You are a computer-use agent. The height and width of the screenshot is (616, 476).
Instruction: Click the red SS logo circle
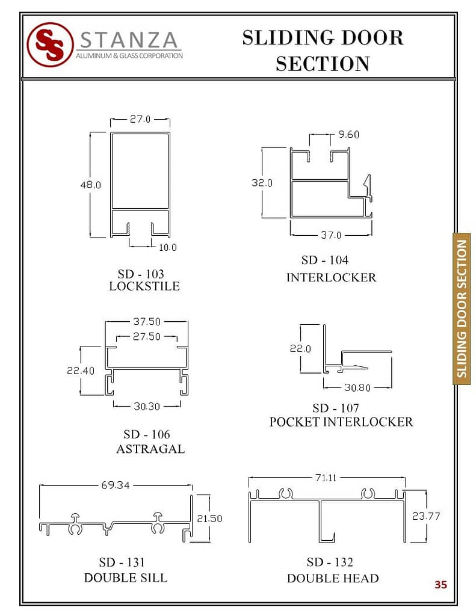[51, 45]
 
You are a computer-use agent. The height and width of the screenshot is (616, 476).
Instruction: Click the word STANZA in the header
[129, 40]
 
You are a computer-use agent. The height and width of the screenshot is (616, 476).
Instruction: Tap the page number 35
[440, 585]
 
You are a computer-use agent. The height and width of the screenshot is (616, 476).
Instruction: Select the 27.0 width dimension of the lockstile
[140, 119]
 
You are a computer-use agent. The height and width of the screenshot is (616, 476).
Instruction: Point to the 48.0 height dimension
[91, 185]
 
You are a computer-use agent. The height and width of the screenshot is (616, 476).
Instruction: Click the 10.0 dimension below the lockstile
[168, 247]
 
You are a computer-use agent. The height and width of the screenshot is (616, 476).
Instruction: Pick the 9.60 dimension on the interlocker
[348, 134]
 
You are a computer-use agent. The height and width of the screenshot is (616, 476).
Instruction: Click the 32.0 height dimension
[262, 183]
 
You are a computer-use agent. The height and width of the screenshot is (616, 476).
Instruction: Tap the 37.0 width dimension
[331, 235]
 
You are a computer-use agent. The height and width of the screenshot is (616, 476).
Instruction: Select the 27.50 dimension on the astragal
[147, 336]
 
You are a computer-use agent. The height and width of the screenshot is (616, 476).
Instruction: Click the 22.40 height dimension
[81, 371]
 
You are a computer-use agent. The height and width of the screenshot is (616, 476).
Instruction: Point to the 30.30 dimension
[147, 406]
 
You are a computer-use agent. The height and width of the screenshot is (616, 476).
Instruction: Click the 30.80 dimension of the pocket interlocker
[357, 388]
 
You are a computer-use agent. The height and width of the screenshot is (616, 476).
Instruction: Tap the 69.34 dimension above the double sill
[115, 485]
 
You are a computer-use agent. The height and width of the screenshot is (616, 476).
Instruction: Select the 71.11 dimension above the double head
[326, 478]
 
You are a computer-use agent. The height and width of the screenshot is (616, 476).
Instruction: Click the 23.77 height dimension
[426, 516]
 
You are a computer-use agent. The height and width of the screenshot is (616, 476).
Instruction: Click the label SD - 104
[325, 260]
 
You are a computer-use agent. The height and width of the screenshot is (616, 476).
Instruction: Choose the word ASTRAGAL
[150, 449]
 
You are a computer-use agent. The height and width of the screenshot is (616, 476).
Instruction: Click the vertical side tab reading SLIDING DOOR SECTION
[462, 309]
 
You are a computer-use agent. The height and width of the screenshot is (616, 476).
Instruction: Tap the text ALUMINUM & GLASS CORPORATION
[129, 56]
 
